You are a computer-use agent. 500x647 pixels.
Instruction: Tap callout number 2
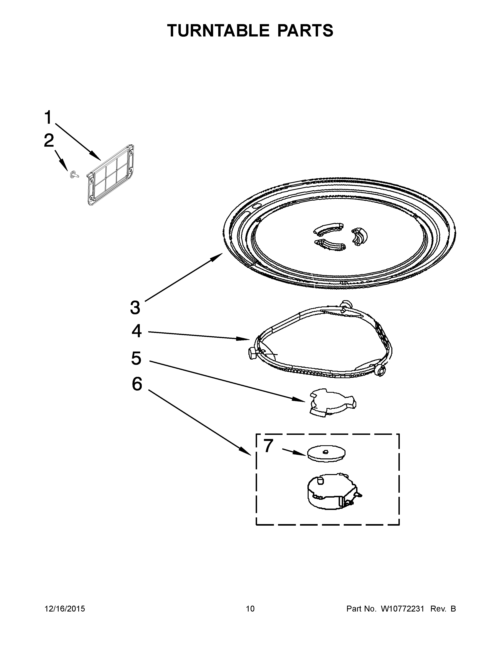(49, 140)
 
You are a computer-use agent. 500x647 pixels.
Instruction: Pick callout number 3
(135, 307)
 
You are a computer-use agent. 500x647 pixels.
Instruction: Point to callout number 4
(136, 331)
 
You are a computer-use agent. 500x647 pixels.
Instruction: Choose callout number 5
(136, 358)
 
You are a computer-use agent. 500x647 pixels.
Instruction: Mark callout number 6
(137, 384)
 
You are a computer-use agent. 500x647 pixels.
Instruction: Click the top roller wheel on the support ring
(346, 304)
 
